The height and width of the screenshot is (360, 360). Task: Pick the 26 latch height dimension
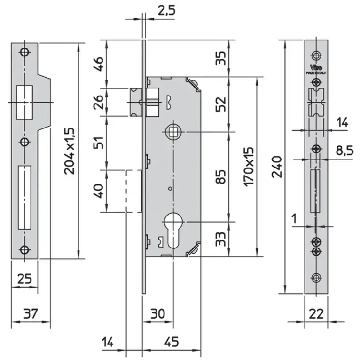click(98, 102)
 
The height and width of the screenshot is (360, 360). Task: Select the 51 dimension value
click(98, 142)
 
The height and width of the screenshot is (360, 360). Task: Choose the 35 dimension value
click(221, 58)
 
